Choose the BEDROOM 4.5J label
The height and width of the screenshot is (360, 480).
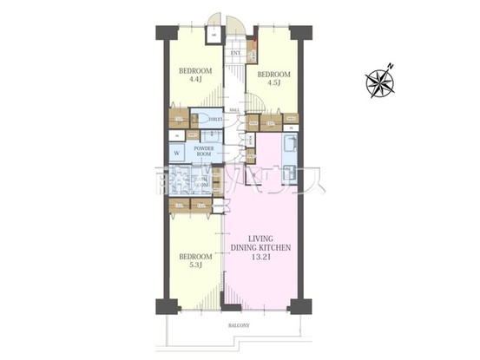click(274, 80)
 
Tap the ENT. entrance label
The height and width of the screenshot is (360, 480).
click(235, 54)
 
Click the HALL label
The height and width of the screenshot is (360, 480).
click(234, 111)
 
